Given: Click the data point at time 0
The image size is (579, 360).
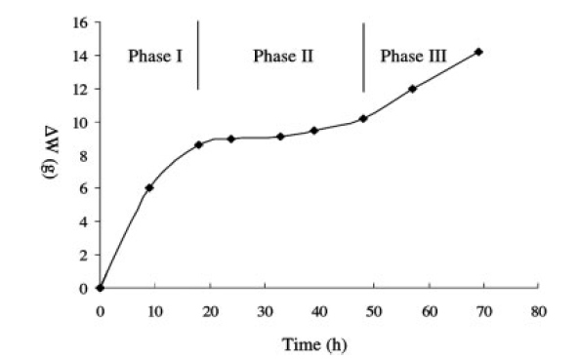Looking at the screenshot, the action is click(x=100, y=288).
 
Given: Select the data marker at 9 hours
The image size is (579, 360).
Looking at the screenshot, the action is click(x=149, y=187).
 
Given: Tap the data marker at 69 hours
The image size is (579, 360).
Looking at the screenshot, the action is click(x=478, y=52).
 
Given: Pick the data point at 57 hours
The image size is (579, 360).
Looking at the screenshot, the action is click(x=412, y=89).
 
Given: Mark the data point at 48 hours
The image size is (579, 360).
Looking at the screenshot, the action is click(x=363, y=119).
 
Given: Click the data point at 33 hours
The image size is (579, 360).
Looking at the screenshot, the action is click(x=280, y=137).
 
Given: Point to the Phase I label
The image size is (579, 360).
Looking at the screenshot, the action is click(x=155, y=57).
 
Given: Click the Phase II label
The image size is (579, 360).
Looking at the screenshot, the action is click(x=283, y=57).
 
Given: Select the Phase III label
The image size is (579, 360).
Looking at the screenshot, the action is click(x=414, y=57).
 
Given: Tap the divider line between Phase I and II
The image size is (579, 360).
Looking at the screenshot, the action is click(x=198, y=56).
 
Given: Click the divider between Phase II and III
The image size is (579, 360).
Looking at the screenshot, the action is click(x=364, y=58).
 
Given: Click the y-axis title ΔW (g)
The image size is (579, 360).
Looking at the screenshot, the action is click(x=50, y=153).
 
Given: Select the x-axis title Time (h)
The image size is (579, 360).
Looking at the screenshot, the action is click(x=314, y=344).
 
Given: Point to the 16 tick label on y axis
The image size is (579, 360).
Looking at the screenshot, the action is click(x=81, y=23).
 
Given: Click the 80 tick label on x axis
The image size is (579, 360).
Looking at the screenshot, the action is click(x=539, y=312).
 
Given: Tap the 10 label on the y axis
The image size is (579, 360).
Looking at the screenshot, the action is click(x=81, y=123).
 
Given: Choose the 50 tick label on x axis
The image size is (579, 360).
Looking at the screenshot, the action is click(x=374, y=312).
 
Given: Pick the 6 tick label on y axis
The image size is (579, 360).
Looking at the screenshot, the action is click(x=84, y=188).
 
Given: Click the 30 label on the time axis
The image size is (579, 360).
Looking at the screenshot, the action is click(x=265, y=312).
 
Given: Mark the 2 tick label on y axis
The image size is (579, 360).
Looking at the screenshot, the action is click(x=84, y=255).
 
